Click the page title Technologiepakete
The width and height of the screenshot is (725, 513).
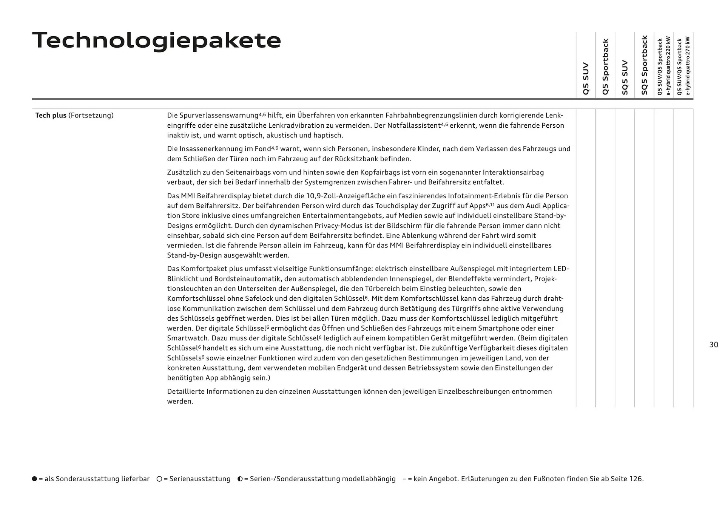coord(157,41)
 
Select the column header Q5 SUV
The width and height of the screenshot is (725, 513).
coord(586,78)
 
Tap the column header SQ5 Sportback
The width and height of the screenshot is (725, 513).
coord(644,65)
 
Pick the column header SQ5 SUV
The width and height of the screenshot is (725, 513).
coord(625,77)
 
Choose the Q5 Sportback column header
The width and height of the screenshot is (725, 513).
coord(605,66)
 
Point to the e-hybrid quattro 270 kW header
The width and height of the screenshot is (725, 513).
coord(684,66)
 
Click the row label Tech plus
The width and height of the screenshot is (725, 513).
coord(51,116)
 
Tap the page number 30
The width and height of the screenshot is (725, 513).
coord(713,345)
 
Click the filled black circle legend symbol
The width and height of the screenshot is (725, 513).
coord(35,479)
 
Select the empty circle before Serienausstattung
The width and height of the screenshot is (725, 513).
coord(159,479)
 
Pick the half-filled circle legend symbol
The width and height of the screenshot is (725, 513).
coord(240,479)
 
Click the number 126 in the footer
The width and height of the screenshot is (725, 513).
coord(636,479)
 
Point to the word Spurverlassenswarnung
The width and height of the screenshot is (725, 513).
coord(218,116)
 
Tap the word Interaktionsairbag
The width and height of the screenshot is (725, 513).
coord(513,172)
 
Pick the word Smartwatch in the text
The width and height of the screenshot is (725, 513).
coord(187,338)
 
